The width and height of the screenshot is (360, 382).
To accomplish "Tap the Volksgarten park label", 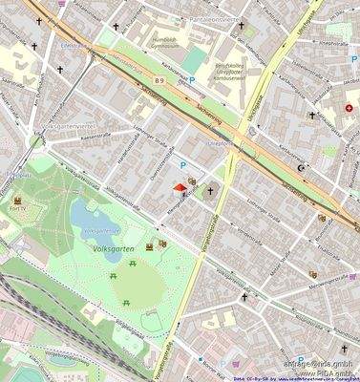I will [x=114, y=247].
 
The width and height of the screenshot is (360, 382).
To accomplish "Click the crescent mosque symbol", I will [x=304, y=168].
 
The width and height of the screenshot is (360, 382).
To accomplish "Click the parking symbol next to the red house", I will [x=181, y=164].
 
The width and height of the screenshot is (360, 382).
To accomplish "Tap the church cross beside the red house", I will [x=210, y=192].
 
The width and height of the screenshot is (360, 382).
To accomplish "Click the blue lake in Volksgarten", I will [x=93, y=222].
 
